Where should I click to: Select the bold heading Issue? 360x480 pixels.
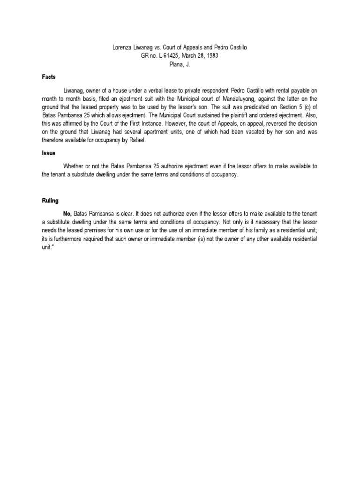coord(48,153)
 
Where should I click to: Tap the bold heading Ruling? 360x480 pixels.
coord(50,201)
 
